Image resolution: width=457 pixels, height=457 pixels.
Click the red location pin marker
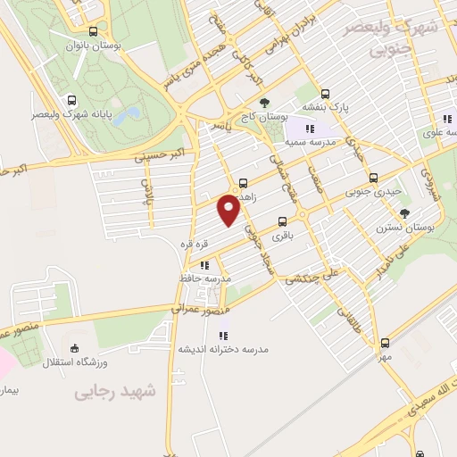[x=230, y=211]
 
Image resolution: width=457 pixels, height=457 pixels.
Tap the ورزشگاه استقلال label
[x=103, y=361]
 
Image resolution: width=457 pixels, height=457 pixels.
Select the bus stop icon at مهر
[x=385, y=343]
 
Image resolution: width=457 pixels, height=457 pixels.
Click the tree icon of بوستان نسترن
[x=405, y=212]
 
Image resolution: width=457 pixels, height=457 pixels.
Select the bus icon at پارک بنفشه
[x=325, y=93]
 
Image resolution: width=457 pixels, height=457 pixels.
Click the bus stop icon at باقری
[x=282, y=221]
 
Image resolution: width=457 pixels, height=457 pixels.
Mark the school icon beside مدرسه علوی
[x=445, y=119]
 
